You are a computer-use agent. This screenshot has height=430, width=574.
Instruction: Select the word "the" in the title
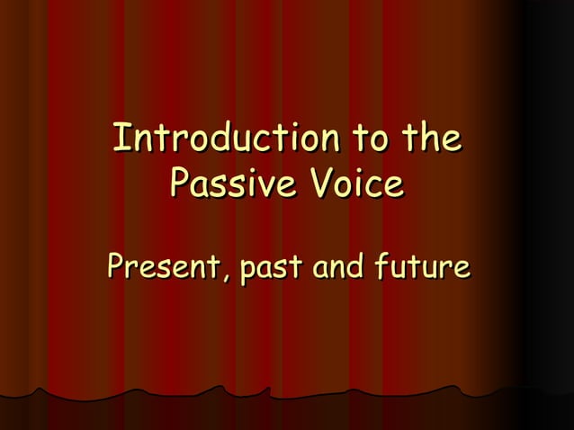[431, 140]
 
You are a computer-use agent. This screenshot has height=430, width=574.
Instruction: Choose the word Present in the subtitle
[163, 268]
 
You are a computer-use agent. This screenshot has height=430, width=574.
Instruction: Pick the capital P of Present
[115, 268]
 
